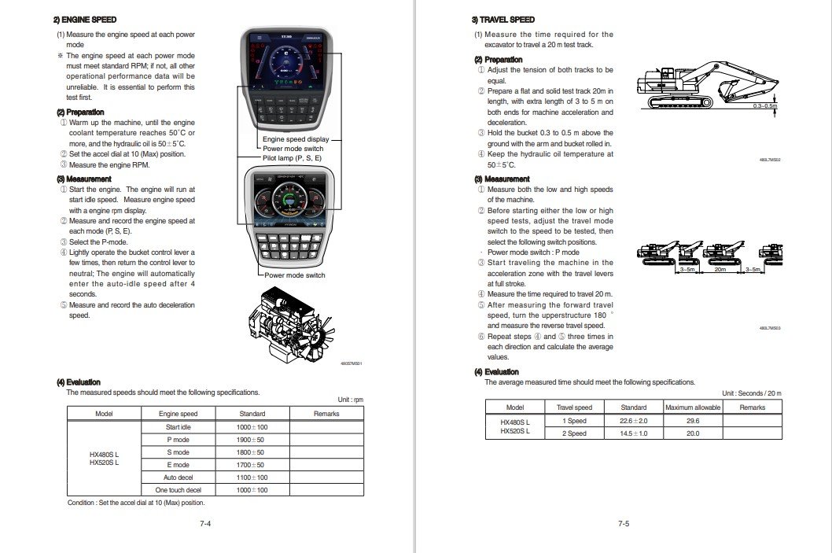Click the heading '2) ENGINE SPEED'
click(85, 20)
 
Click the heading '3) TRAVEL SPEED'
click(503, 20)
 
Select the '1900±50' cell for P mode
click(252, 439)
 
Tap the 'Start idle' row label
click(178, 426)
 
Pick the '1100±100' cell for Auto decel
click(252, 477)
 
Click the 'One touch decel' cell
click(178, 490)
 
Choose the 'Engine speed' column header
click(178, 413)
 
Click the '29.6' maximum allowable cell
click(692, 421)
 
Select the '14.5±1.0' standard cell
click(633, 433)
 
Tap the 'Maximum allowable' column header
click(692, 407)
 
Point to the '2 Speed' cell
click(574, 433)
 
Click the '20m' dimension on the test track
click(720, 269)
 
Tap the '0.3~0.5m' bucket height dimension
click(764, 105)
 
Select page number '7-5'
click(623, 524)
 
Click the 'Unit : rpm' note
click(350, 400)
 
